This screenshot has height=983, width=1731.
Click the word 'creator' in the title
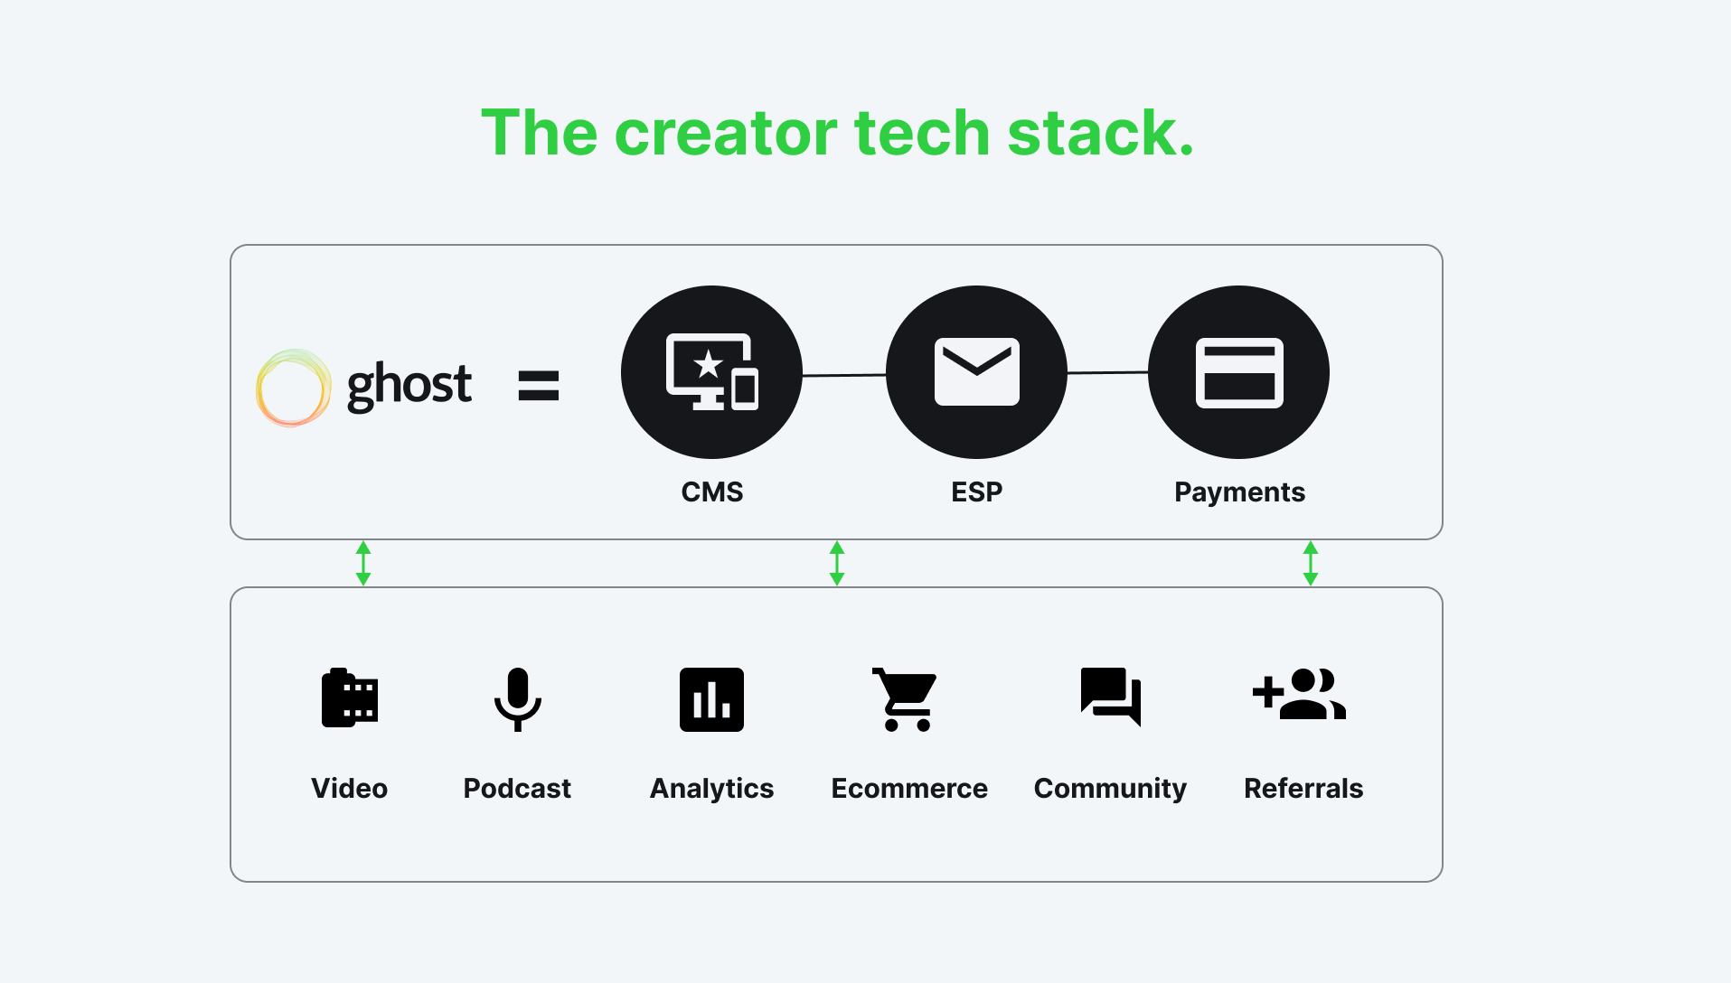click(726, 134)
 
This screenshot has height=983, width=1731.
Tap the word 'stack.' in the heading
click(1100, 134)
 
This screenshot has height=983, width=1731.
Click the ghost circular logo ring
click(292, 388)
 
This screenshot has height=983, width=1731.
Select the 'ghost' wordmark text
click(409, 385)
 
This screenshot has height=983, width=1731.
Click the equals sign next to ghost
click(538, 386)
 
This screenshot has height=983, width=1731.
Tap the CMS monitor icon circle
click(711, 372)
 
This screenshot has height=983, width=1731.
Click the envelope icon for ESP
click(976, 372)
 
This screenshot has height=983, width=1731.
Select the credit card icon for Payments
click(1238, 372)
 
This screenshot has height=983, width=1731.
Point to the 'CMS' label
click(711, 491)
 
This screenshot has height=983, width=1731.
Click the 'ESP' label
click(976, 491)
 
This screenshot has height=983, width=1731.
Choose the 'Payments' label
click(1239, 491)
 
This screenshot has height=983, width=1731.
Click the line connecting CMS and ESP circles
click(844, 374)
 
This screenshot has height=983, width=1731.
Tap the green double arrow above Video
click(363, 563)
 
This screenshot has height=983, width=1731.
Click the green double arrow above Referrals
click(1310, 563)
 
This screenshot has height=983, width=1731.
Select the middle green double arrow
click(837, 563)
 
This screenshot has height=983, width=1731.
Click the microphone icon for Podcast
click(517, 698)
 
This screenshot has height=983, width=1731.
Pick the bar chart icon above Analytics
click(711, 699)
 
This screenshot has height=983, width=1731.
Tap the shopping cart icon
click(905, 699)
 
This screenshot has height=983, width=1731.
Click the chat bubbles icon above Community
click(1110, 697)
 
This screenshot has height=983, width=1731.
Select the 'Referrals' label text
click(1303, 788)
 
